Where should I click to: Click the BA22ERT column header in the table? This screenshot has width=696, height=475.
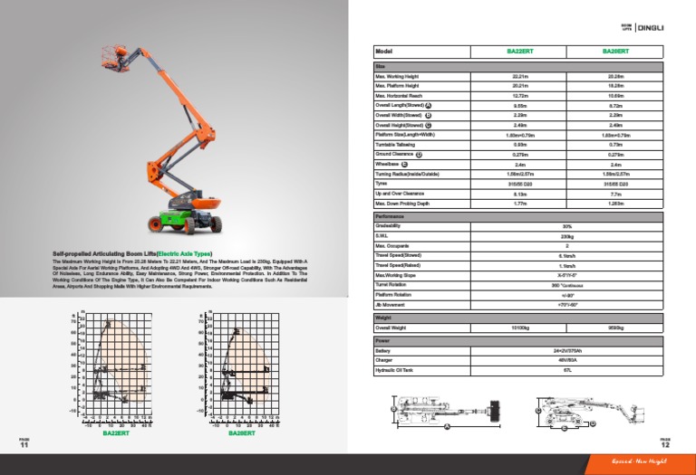tap(519, 52)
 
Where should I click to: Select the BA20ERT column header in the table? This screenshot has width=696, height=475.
tap(615, 52)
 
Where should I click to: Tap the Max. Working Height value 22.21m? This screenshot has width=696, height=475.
tap(519, 77)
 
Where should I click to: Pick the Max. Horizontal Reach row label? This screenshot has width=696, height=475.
tap(398, 95)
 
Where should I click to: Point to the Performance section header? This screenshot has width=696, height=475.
tap(390, 217)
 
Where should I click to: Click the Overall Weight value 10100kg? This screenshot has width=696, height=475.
tap(519, 327)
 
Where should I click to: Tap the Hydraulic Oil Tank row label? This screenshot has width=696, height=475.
tap(394, 370)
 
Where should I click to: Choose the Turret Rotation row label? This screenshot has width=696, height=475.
tap(391, 285)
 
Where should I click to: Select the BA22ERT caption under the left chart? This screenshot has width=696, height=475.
tap(115, 433)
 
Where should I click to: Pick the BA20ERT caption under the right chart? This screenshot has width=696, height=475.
tap(241, 433)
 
